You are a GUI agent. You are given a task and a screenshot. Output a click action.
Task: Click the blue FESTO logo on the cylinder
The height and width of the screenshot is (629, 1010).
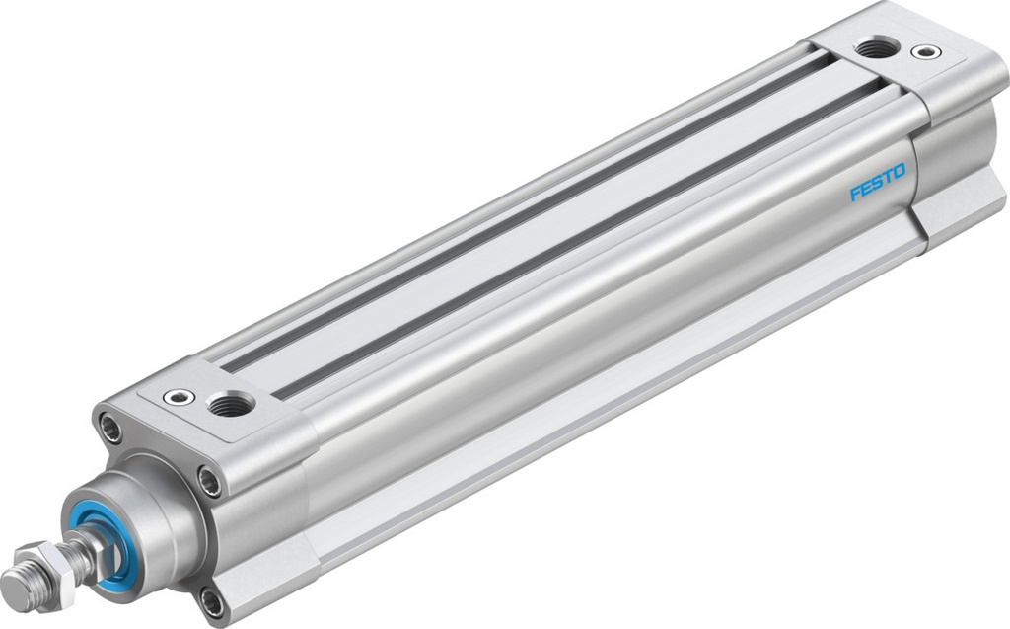pyautogui.click(x=877, y=183)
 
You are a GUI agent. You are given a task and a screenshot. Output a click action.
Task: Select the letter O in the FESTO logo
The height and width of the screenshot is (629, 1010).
pyautogui.click(x=899, y=172)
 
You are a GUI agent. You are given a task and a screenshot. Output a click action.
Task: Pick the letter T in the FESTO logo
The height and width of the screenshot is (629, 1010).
pyautogui.click(x=888, y=178)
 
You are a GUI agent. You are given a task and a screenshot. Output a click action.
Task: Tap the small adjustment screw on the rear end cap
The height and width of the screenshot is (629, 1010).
pyautogui.click(x=925, y=51)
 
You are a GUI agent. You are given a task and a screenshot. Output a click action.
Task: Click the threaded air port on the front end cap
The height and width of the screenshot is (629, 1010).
pyautogui.click(x=232, y=403)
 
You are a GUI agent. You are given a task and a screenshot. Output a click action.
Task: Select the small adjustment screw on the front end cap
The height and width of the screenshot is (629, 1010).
pyautogui.click(x=179, y=397)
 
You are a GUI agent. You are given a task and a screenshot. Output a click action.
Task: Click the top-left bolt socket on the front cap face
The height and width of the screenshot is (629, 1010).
pyautogui.click(x=111, y=431)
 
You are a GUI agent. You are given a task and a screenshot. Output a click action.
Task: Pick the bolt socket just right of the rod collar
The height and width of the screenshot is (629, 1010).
pyautogui.click(x=208, y=483)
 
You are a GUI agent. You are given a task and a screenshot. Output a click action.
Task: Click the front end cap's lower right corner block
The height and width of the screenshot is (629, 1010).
pyautogui.click(x=266, y=583)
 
